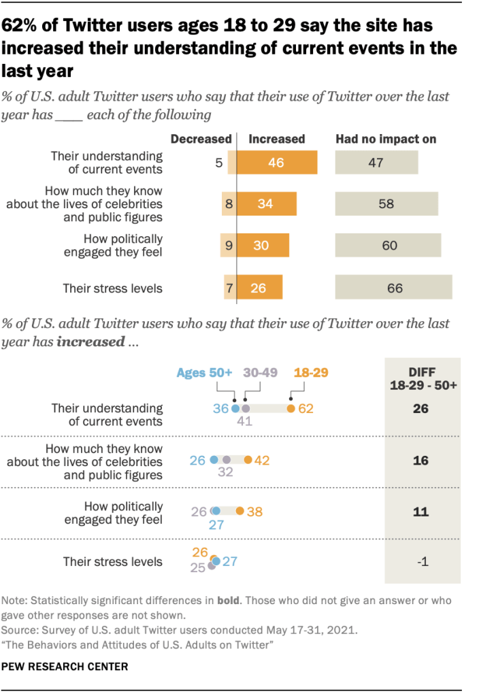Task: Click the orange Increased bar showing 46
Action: [x=277, y=163]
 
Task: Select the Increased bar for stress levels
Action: [x=259, y=288]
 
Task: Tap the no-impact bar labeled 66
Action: [x=394, y=288]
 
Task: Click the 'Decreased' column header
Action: [x=201, y=139]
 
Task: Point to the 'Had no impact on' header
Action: [x=386, y=139]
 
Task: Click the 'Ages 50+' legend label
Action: [x=204, y=372]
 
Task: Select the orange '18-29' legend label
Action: [x=311, y=372]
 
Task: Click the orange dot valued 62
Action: [x=291, y=409]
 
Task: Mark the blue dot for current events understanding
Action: [x=235, y=409]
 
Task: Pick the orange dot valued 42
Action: [x=248, y=460]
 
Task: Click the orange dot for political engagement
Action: [x=239, y=511]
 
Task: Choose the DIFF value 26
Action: [x=420, y=409]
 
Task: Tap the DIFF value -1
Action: [x=420, y=562]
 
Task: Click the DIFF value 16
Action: [x=420, y=460]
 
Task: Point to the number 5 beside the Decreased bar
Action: [x=218, y=163]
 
